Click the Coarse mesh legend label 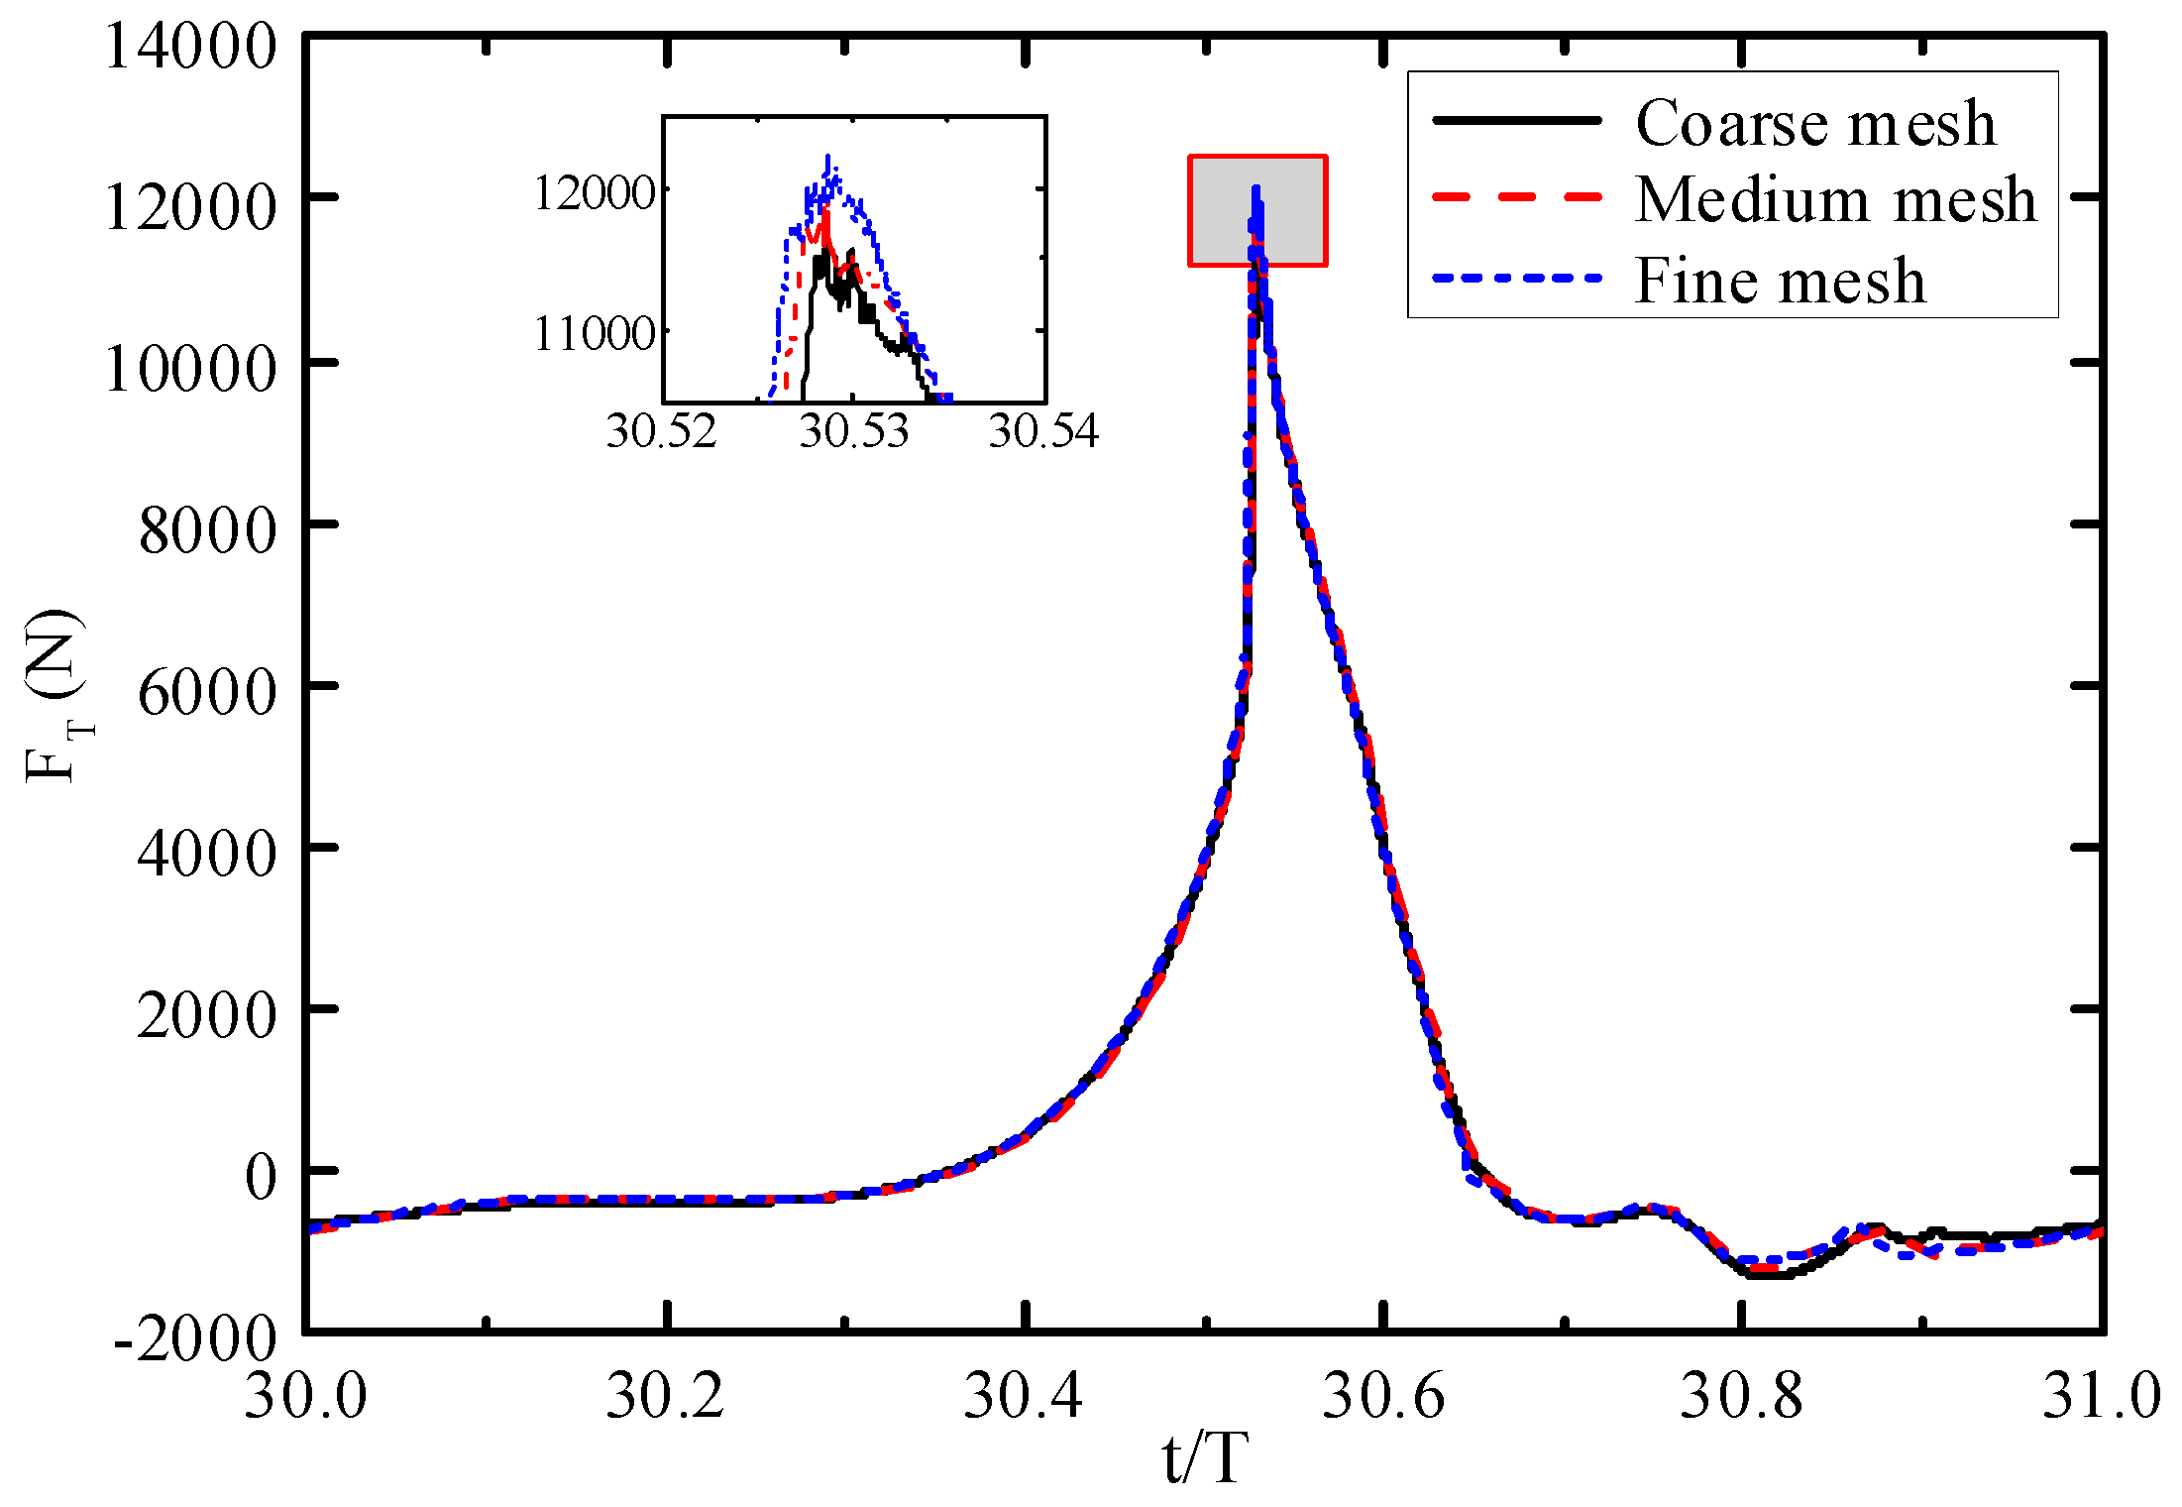point(1815,123)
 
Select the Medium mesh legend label point(1835,199)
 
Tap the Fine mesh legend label point(1780,281)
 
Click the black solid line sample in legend point(1516,120)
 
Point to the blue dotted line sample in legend point(1516,279)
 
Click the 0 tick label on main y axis point(261,1177)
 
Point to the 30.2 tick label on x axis point(665,1396)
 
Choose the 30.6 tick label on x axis point(1384,1396)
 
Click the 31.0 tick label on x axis point(2101,1396)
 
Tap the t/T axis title point(1204,1459)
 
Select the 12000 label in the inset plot point(595,191)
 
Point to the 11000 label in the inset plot point(595,333)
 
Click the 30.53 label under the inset point(854,431)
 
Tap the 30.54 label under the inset point(1043,431)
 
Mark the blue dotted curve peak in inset point(828,159)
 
